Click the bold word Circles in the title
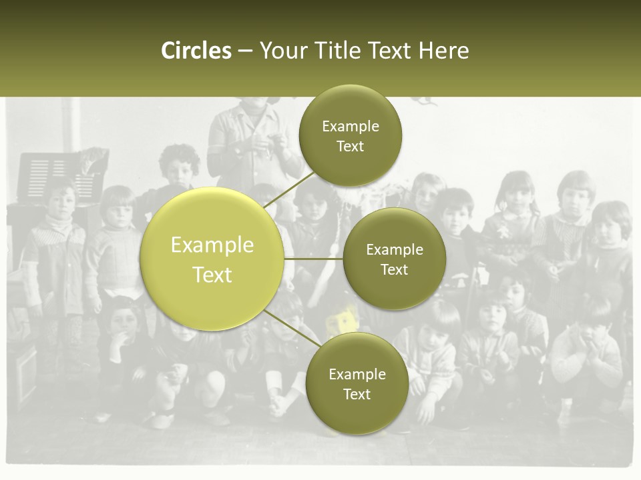coord(196,51)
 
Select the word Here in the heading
coord(443,51)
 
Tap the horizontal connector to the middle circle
coord(313,259)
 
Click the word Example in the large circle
coord(212,245)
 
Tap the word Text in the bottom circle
coord(357,394)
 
